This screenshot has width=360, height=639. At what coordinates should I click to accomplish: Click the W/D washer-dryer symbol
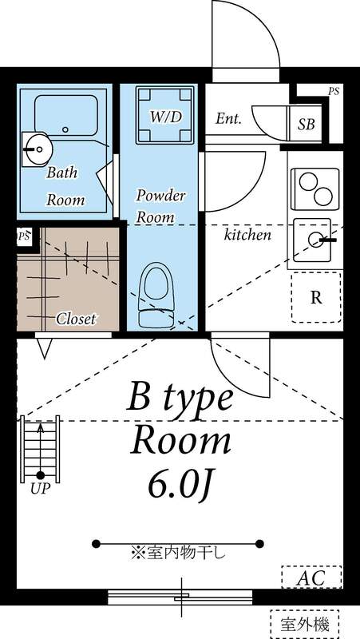pos(165,115)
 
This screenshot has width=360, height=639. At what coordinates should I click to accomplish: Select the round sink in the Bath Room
pos(36,148)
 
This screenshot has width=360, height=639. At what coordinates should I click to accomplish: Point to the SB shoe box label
pos(306,124)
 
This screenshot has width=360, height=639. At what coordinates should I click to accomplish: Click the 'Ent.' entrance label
pos(229,118)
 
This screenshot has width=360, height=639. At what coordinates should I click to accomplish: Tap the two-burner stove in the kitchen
pos(315,189)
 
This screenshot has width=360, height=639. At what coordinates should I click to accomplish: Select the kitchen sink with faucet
pos(314,239)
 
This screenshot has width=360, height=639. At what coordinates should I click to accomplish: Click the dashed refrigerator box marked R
pos(316,297)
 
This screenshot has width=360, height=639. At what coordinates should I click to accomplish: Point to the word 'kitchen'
pos(247,235)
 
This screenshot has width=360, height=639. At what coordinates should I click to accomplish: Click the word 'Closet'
pos(76,319)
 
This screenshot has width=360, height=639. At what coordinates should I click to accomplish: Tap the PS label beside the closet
pos(25,236)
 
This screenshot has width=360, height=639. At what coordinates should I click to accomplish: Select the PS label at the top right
pos(333,91)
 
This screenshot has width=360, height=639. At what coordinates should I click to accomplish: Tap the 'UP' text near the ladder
pos(39,489)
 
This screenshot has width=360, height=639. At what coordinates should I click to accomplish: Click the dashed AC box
pos(311,577)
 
